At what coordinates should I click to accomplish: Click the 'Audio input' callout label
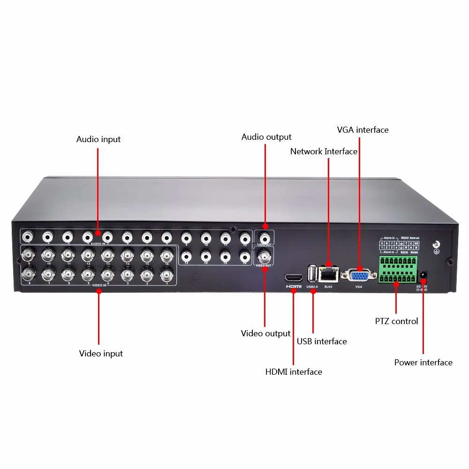(98, 139)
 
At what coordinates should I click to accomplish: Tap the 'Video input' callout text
(101, 354)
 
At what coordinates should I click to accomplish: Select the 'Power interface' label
(423, 363)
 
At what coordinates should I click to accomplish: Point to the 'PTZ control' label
(396, 321)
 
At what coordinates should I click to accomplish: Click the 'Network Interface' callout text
(324, 151)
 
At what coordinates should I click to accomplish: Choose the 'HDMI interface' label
(294, 372)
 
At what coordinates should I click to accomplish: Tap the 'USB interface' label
(322, 341)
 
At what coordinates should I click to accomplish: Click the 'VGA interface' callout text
(363, 130)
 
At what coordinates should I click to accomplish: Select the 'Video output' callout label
(265, 333)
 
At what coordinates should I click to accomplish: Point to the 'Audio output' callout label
(266, 137)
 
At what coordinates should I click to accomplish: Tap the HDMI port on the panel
(294, 277)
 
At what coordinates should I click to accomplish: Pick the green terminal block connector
(398, 269)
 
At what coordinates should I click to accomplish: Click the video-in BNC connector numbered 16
(166, 255)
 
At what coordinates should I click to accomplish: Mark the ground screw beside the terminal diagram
(436, 245)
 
